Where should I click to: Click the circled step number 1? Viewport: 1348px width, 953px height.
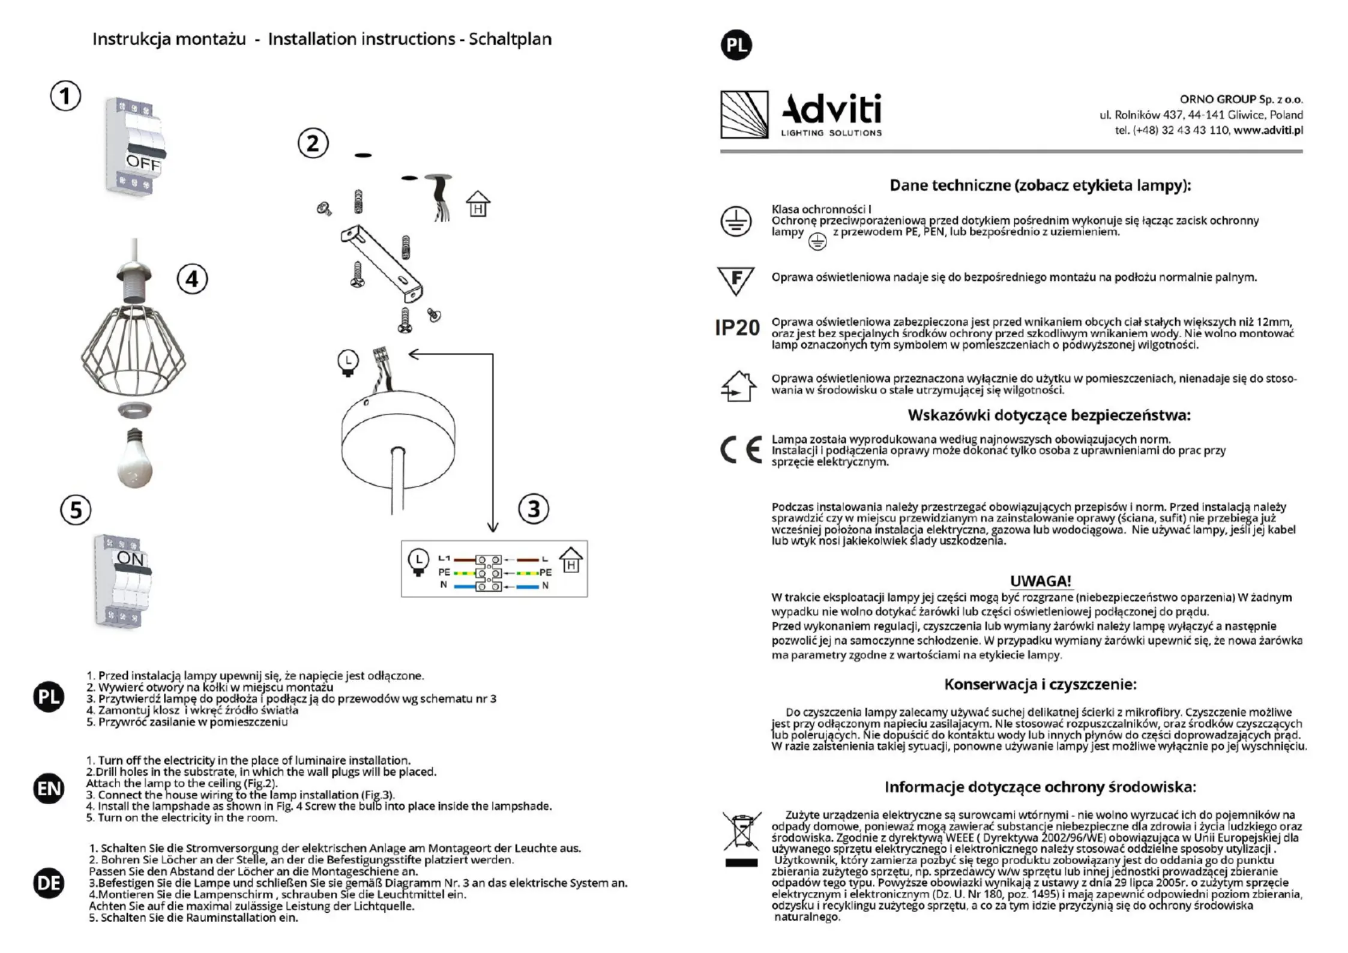pyautogui.click(x=65, y=96)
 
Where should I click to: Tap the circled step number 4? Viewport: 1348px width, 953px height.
pyautogui.click(x=192, y=280)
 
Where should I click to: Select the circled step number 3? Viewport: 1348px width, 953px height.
pyautogui.click(x=534, y=509)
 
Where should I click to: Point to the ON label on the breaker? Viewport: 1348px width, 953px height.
pyautogui.click(x=130, y=559)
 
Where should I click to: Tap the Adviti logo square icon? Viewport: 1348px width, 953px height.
pyautogui.click(x=744, y=115)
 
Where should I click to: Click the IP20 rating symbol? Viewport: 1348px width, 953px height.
pyautogui.click(x=737, y=328)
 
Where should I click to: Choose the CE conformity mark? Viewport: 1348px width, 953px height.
pyautogui.click(x=741, y=450)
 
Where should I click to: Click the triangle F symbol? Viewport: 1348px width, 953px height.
pyautogui.click(x=736, y=280)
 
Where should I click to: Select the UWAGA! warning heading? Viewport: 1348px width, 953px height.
pyautogui.click(x=1040, y=581)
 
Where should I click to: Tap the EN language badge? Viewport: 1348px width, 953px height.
pyautogui.click(x=49, y=789)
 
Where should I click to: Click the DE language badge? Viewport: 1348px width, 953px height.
pyautogui.click(x=49, y=883)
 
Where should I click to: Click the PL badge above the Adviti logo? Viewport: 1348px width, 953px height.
pyautogui.click(x=736, y=45)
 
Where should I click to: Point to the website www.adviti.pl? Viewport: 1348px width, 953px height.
pyautogui.click(x=1268, y=130)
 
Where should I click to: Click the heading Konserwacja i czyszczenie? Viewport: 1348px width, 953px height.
pyautogui.click(x=1040, y=684)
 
